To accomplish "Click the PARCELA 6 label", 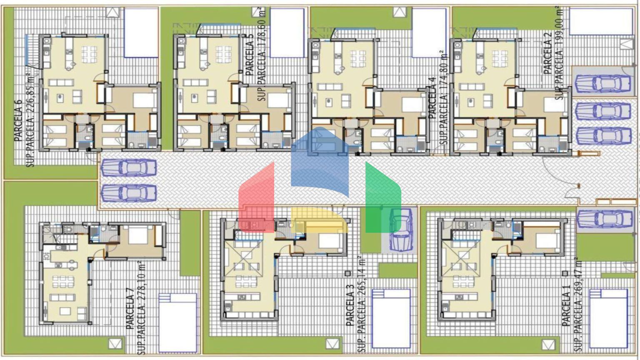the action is (18, 120).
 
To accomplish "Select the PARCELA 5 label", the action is (250, 55).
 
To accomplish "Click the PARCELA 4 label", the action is (432, 98).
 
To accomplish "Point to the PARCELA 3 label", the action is (350, 305).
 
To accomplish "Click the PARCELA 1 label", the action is (566, 305).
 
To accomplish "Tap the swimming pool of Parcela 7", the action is (178, 322).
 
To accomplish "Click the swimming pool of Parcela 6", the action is (141, 32).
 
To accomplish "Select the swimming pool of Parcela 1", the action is (609, 319).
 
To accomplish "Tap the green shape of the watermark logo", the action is (383, 197).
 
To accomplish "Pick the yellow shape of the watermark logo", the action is (320, 220).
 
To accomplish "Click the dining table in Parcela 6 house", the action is (89, 54).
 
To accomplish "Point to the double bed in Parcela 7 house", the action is (138, 235).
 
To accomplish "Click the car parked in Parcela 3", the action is (401, 230).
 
